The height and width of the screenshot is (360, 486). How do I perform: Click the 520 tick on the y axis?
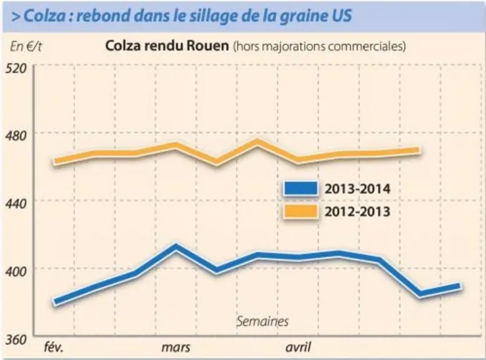[x=16, y=69]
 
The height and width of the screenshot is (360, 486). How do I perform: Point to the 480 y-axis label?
[x=16, y=136]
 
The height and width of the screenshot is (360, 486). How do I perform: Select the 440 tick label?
[x=16, y=204]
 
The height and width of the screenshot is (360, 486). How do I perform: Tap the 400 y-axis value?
[x=16, y=272]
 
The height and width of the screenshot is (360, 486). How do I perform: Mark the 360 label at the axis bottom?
[x=16, y=340]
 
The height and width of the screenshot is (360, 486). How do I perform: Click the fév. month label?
[x=54, y=347]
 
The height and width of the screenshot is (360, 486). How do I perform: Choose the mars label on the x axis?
[x=176, y=347]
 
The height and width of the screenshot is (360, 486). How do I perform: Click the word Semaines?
[x=262, y=321]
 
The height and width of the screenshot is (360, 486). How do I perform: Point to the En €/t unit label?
[x=26, y=47]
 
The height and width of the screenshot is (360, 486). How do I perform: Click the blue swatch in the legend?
[x=300, y=189]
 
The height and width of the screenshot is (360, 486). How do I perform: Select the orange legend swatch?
[x=300, y=211]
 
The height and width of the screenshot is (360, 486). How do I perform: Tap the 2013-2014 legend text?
[x=357, y=189]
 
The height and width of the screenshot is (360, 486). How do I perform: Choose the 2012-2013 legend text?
[x=357, y=211]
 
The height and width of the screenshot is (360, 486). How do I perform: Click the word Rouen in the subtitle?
[x=207, y=46]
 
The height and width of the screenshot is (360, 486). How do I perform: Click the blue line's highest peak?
[x=176, y=247]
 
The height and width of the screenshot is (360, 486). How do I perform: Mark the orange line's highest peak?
[x=257, y=142]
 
